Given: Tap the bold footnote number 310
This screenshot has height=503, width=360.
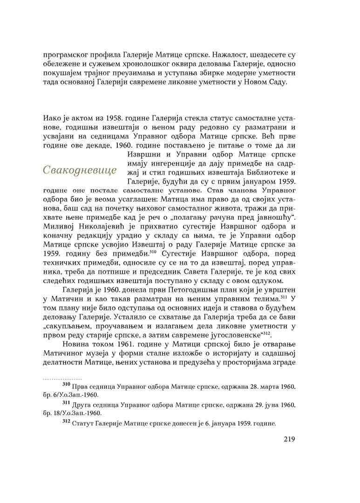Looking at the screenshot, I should (66, 386).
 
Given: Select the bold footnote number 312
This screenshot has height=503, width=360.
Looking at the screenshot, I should (66, 423).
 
